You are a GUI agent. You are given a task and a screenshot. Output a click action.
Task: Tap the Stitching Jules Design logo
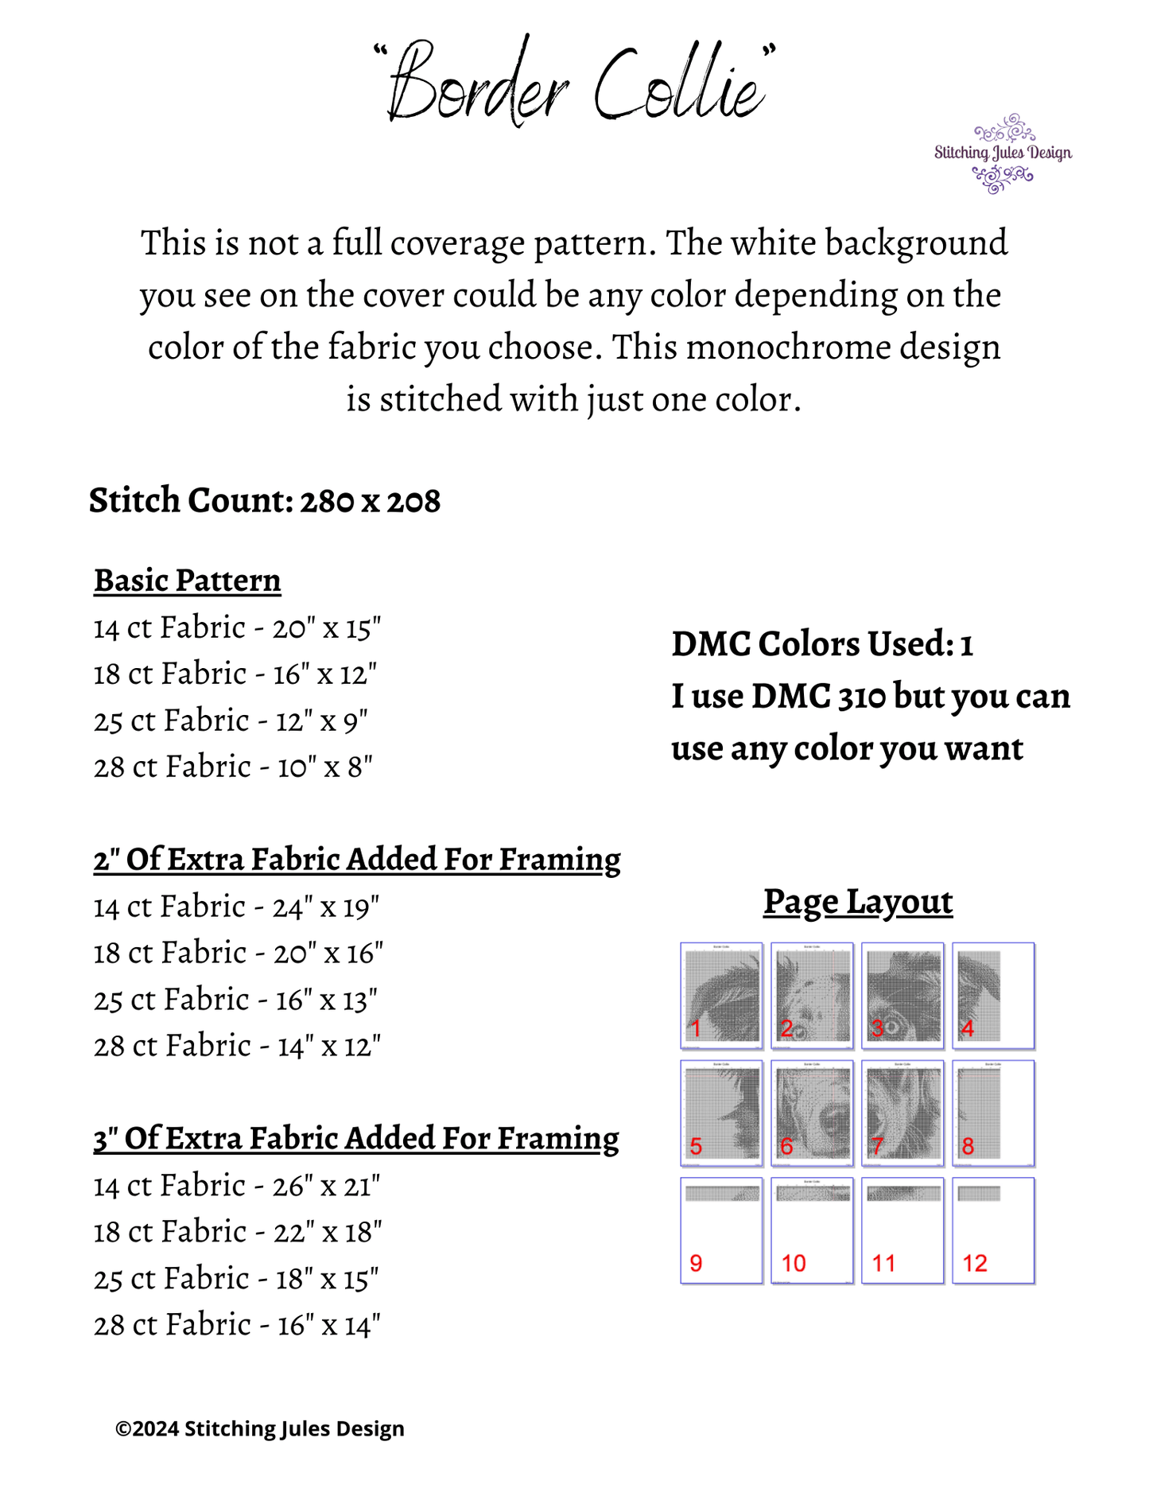pyautogui.click(x=1003, y=153)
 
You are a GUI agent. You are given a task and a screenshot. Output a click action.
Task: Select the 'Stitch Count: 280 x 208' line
pyautogui.click(x=264, y=500)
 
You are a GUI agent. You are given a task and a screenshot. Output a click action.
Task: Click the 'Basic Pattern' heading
pyautogui.click(x=187, y=581)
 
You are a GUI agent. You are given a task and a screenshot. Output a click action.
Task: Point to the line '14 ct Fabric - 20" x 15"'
pyautogui.click(x=237, y=628)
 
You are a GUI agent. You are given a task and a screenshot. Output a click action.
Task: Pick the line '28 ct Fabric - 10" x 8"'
pyautogui.click(x=233, y=767)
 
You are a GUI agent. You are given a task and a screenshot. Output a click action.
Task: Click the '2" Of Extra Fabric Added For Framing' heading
pyautogui.click(x=356, y=860)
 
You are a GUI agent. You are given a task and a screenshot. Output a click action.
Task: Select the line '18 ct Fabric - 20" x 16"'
pyautogui.click(x=238, y=953)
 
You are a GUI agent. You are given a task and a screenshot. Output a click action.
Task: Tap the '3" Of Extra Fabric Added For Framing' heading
pyautogui.click(x=355, y=1139)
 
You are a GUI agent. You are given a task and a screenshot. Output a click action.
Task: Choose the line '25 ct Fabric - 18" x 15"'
pyautogui.click(x=235, y=1279)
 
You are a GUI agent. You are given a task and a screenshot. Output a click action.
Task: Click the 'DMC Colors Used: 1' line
pyautogui.click(x=822, y=644)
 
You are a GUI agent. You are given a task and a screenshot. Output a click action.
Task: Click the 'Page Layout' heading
pyautogui.click(x=858, y=902)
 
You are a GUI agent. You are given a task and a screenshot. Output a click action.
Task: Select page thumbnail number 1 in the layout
pyautogui.click(x=721, y=996)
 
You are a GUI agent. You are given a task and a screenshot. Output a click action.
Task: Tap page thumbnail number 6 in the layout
pyautogui.click(x=812, y=1113)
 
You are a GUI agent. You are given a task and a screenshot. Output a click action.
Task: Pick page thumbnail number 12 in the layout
pyautogui.click(x=993, y=1230)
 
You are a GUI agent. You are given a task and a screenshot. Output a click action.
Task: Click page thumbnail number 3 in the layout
pyautogui.click(x=903, y=996)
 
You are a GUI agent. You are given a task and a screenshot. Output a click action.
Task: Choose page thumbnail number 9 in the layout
pyautogui.click(x=721, y=1230)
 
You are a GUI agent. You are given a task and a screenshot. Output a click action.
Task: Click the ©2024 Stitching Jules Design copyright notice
pyautogui.click(x=260, y=1428)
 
